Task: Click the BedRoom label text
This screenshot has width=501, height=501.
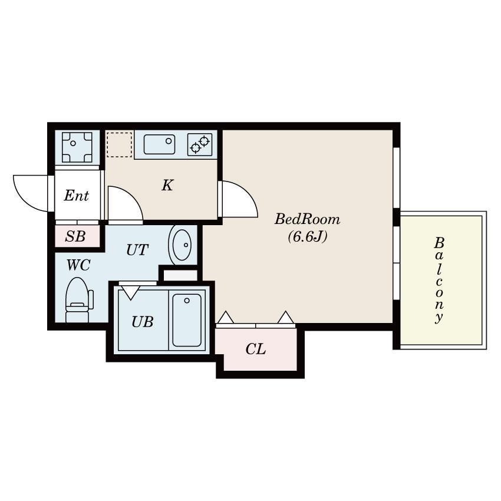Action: [x=307, y=220]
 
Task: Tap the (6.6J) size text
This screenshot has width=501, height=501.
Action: [x=307, y=238]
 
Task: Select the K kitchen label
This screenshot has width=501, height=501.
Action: [x=167, y=186]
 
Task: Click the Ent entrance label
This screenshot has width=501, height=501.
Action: [x=76, y=196]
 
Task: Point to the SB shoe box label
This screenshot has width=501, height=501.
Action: [x=75, y=237]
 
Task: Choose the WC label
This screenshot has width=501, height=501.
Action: [x=78, y=265]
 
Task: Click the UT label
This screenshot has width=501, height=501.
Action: [x=137, y=250]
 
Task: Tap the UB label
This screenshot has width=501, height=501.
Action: [x=142, y=322]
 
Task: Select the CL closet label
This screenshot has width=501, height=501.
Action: [x=255, y=350]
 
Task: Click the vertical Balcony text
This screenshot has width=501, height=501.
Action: [x=439, y=280]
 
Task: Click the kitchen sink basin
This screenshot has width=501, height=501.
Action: [x=159, y=144]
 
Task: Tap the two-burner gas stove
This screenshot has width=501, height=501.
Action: [x=200, y=144]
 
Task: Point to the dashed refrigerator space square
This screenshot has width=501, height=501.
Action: [x=120, y=144]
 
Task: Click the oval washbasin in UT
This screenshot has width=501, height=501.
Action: [x=183, y=244]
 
